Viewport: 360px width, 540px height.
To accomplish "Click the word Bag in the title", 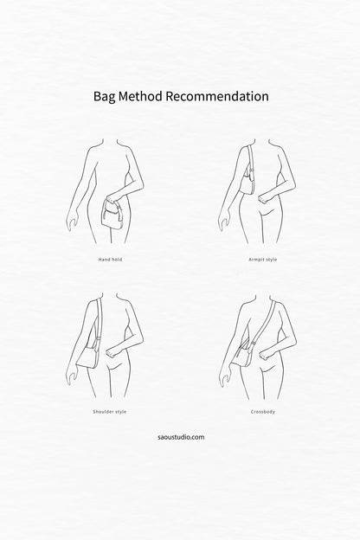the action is tap(105, 97).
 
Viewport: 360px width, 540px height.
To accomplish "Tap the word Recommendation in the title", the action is tap(217, 96).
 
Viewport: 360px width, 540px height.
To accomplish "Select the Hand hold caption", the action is tap(110, 260).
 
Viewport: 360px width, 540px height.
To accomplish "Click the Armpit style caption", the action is tap(262, 260).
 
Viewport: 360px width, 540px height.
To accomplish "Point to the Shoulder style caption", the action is tap(110, 412).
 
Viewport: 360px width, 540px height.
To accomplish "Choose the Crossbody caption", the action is tap(263, 412).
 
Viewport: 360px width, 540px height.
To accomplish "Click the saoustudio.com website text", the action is tap(181, 437).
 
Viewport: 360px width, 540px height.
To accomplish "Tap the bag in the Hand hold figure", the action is tap(112, 215).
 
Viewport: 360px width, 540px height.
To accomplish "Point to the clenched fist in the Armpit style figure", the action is tap(265, 198).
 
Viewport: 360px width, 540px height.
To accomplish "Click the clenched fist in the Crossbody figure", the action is tap(265, 354).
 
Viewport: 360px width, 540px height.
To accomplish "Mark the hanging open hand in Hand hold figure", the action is tap(71, 224).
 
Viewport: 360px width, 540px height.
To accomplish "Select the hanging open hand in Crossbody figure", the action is tap(223, 378).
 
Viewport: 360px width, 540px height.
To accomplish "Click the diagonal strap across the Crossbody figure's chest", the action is tap(265, 321).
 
